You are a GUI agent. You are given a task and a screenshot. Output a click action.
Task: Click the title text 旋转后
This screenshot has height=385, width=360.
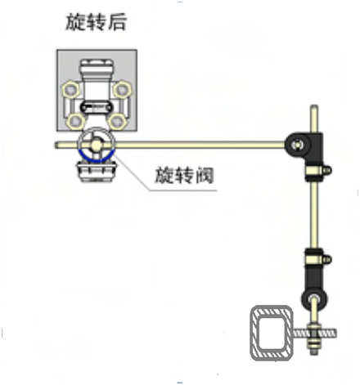pyautogui.click(x=96, y=22)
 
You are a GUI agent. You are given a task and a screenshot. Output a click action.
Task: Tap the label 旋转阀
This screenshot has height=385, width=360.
pyautogui.click(x=184, y=175)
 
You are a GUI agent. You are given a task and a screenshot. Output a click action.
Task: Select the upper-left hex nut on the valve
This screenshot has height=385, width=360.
pyautogui.click(x=71, y=89)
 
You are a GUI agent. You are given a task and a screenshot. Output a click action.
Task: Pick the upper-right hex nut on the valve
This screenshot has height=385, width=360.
pyautogui.click(x=122, y=89)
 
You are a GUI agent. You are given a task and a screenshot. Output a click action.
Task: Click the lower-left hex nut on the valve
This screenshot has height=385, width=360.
pyautogui.click(x=75, y=122)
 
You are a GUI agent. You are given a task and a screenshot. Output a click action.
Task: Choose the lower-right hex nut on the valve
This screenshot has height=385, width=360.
pyautogui.click(x=118, y=122)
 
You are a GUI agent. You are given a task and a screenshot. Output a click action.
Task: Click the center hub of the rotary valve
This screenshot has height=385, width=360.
pyautogui.click(x=96, y=145)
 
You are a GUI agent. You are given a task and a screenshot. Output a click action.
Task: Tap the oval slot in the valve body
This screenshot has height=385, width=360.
pyautogui.click(x=97, y=107)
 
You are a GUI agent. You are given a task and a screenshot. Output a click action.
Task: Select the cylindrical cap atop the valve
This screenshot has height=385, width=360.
pyautogui.click(x=97, y=69)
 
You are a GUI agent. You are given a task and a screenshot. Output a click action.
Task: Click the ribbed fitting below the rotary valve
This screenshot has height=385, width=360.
pyautogui.click(x=96, y=172)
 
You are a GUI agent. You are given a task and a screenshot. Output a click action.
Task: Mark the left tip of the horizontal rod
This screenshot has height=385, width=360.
pyautogui.click(x=56, y=145)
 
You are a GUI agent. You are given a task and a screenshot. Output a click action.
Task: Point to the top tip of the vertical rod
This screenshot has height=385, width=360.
pyautogui.click(x=314, y=106)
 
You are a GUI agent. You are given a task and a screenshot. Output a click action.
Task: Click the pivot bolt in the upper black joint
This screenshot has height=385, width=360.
pyautogui.click(x=297, y=145)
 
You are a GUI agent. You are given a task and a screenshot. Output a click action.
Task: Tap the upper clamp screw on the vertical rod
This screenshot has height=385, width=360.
pyautogui.click(x=327, y=171)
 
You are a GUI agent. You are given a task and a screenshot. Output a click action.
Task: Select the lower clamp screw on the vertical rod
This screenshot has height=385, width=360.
pyautogui.click(x=327, y=259)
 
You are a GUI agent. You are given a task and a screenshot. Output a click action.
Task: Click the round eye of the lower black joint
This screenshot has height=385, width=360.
pyautogui.click(x=314, y=298)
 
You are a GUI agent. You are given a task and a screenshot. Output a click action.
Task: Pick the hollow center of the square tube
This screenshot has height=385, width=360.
pyautogui.click(x=272, y=333)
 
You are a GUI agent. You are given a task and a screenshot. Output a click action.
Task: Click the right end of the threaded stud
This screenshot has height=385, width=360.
pyautogui.click(x=335, y=334)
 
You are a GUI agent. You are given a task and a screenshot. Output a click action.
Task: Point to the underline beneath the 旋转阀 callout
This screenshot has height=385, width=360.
pyautogui.click(x=183, y=190)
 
